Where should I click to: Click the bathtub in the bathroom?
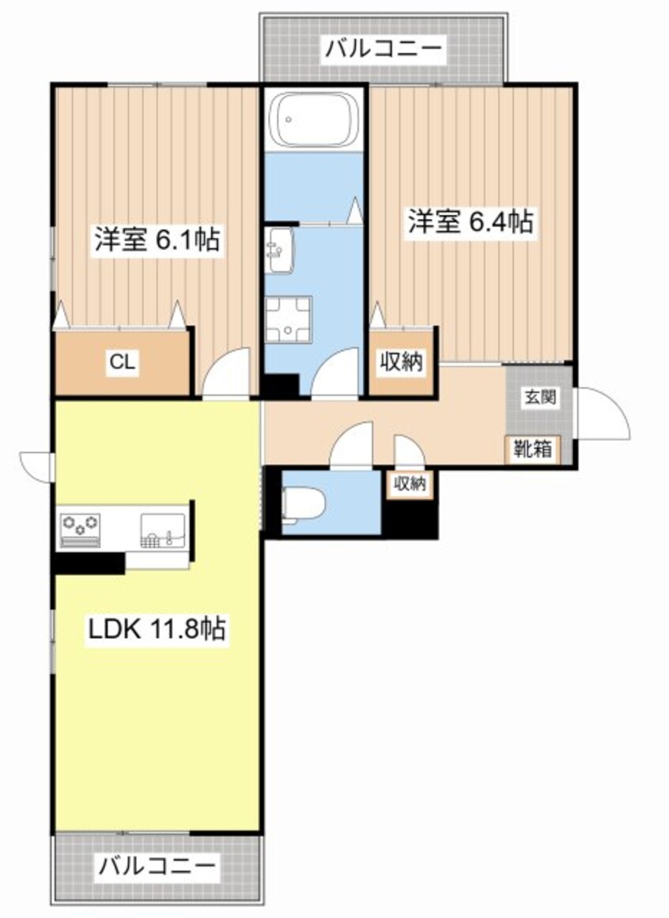[313, 120]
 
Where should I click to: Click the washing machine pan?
[289, 322]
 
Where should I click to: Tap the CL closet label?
[122, 363]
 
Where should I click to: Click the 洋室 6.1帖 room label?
[157, 240]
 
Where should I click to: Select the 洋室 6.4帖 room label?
[470, 221]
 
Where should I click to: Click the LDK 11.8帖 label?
[157, 629]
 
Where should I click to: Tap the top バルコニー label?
[383, 50]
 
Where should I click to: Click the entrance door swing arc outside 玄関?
[603, 413]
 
